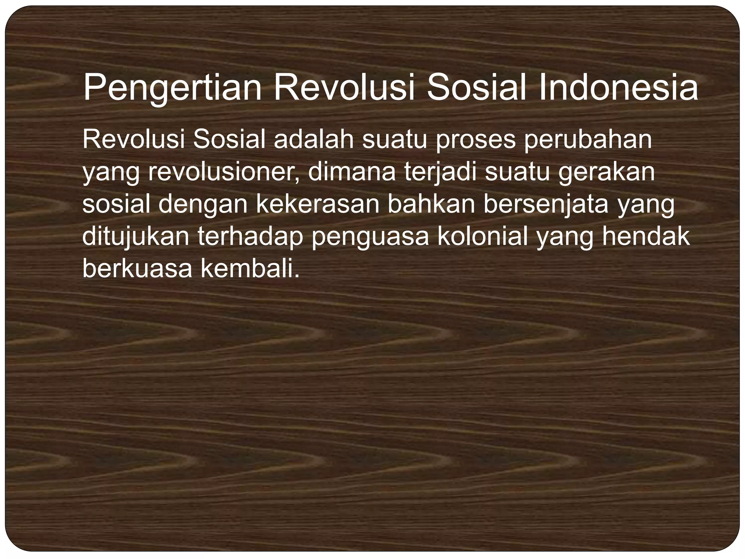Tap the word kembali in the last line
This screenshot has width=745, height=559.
250,268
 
